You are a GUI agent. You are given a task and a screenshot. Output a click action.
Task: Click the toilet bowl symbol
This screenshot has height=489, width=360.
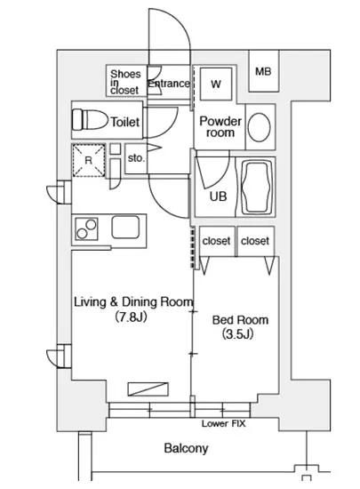click(89, 119)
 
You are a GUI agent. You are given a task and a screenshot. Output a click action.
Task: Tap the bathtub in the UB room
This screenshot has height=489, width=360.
click(256, 187)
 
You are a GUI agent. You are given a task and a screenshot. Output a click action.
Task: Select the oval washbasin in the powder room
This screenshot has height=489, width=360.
click(259, 126)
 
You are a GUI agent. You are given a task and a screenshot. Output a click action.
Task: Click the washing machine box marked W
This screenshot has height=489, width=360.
click(216, 84)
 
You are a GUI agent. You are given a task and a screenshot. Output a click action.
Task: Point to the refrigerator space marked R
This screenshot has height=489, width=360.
click(89, 160)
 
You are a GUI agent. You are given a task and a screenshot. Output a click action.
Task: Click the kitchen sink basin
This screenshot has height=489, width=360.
click(125, 227)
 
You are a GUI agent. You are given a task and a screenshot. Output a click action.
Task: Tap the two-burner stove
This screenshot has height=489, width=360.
click(86, 229)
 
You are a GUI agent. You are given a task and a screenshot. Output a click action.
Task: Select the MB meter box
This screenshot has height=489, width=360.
click(263, 71)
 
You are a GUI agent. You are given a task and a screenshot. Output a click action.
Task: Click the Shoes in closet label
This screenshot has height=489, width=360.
click(125, 82)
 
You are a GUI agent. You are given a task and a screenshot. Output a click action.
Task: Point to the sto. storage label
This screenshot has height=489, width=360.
click(137, 158)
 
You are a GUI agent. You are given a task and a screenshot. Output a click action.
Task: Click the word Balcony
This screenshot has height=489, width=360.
click(186, 448)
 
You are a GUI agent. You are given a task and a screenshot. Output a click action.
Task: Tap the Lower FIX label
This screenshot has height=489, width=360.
click(223, 423)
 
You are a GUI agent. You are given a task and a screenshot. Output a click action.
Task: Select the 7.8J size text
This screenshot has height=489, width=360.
click(131, 317)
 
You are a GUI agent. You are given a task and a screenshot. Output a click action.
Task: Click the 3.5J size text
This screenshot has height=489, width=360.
click(237, 334)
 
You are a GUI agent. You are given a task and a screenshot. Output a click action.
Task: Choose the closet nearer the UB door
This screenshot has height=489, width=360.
click(216, 241)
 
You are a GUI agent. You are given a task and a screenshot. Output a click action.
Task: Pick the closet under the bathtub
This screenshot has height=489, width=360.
click(256, 241)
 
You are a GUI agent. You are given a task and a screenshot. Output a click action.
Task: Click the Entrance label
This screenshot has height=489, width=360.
click(169, 84)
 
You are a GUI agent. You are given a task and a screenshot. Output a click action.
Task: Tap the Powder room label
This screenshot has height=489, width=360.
click(220, 126)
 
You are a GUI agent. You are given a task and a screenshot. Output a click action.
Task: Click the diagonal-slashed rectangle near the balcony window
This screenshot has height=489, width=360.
click(148, 389)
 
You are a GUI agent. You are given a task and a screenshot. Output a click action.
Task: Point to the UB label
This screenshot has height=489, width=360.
click(218, 196)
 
